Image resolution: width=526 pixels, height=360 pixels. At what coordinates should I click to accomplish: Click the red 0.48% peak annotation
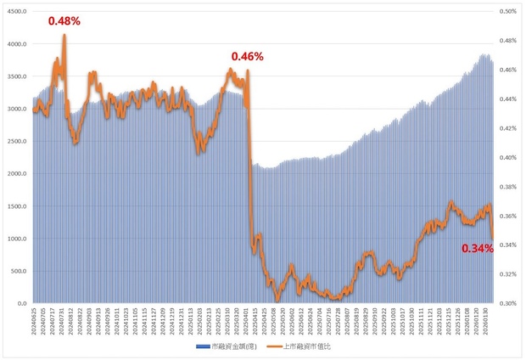pos(64,21)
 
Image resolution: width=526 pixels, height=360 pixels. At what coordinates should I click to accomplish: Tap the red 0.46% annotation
pos(248,57)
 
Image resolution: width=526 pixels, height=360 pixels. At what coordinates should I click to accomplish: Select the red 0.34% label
pos(477,249)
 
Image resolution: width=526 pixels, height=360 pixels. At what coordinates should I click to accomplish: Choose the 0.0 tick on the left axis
pos(21,303)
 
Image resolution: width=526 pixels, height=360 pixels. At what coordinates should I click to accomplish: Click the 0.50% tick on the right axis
pos(507,12)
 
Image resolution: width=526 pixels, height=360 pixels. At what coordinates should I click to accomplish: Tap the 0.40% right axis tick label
pos(507,157)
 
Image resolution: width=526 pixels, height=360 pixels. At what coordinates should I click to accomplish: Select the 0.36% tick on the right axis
pos(507,216)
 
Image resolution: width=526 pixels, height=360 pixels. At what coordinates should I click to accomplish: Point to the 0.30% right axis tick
pos(507,303)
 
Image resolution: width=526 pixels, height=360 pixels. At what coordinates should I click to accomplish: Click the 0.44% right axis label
pos(507,99)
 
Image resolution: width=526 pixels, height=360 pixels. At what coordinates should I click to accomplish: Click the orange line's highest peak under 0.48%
pos(64,36)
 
